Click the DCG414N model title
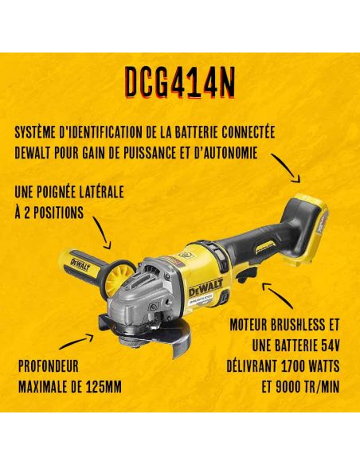coord(180,83)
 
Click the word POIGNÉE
coord(61,192)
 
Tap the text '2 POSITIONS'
coord(54,212)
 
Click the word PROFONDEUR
coord(49,366)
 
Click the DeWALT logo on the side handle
coord(80,264)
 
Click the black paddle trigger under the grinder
coord(245,274)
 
